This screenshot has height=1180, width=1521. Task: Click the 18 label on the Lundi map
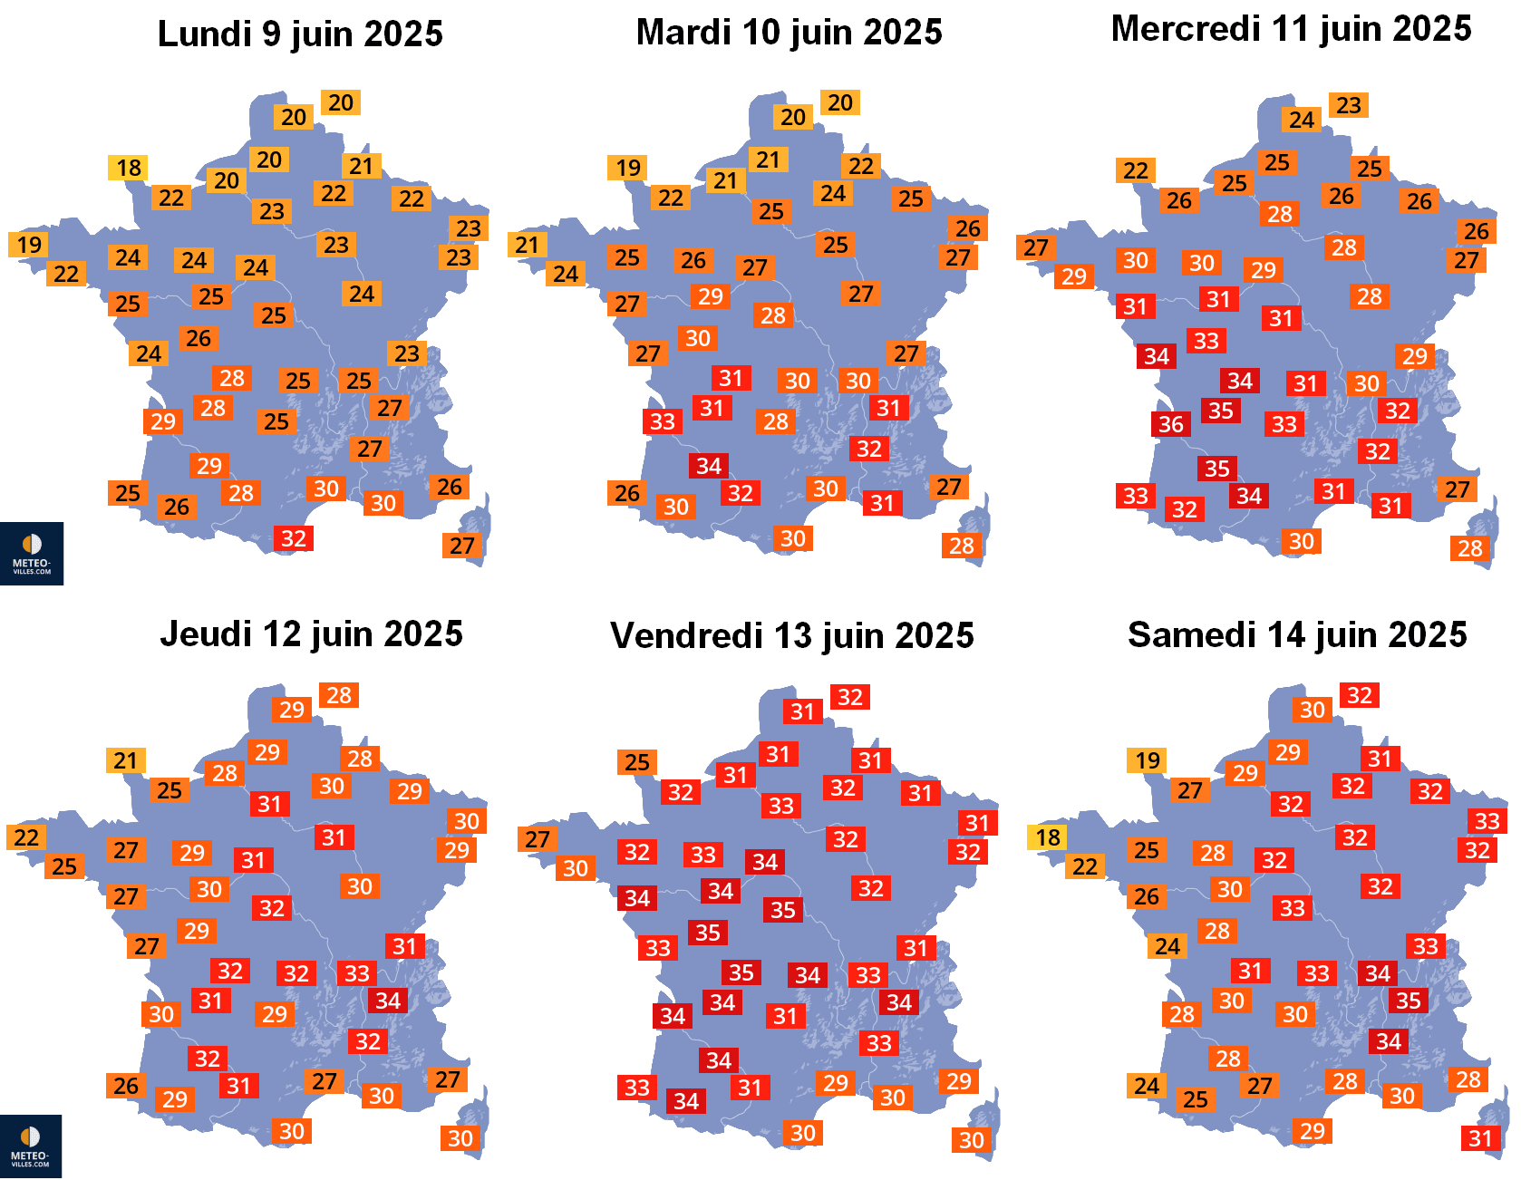[129, 168]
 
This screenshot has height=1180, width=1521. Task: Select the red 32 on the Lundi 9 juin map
[293, 538]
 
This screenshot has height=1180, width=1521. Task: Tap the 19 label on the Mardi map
[627, 168]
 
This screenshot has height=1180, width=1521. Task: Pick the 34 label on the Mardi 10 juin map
[709, 466]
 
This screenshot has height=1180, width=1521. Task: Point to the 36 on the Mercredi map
[1170, 423]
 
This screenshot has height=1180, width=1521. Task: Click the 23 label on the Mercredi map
[1348, 105]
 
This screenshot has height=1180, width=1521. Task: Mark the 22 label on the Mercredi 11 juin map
[1135, 170]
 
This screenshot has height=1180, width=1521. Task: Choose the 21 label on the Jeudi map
[125, 760]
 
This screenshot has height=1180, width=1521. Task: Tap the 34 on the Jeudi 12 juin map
[388, 1001]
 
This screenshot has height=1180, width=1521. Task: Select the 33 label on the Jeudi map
[356, 973]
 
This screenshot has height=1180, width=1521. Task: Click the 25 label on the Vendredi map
[636, 762]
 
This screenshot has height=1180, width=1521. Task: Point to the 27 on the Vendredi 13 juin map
[537, 839]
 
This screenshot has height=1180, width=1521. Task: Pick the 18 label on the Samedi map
[1048, 837]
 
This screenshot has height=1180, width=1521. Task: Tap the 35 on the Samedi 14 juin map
[1408, 1001]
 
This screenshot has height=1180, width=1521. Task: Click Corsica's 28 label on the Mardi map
[961, 546]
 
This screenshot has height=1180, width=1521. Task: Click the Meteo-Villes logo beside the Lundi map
[32, 553]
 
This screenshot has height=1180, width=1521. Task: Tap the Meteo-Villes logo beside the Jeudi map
[31, 1146]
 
